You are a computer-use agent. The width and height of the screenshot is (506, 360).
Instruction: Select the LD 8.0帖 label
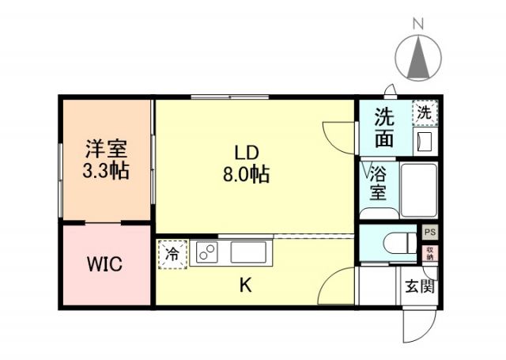click(245, 164)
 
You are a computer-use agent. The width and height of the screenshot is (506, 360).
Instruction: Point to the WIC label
click(105, 264)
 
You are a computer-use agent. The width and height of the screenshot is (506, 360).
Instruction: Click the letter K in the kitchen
click(246, 286)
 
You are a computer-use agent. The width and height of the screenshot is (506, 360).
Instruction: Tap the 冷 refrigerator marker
click(172, 254)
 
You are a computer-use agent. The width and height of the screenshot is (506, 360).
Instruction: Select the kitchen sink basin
click(251, 253)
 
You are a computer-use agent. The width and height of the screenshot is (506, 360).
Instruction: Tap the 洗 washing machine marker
click(425, 113)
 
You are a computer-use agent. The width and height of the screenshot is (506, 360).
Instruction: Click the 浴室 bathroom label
click(379, 183)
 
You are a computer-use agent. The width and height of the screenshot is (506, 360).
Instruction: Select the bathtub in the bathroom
click(418, 190)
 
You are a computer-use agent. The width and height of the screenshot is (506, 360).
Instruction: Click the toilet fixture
click(395, 244)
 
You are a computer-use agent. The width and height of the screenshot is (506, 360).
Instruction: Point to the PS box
click(429, 233)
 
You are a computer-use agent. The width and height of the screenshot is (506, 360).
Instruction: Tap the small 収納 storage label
click(429, 253)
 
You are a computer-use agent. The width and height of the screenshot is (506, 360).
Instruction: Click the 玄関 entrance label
click(419, 286)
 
